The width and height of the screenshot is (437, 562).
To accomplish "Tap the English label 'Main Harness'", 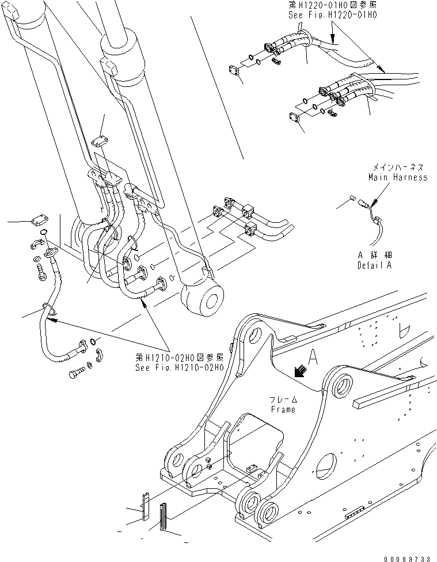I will [398, 177].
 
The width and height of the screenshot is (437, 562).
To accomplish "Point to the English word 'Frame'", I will [282, 409].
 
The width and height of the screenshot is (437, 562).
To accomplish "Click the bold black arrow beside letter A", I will [299, 373].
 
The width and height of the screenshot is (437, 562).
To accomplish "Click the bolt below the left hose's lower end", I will [77, 373].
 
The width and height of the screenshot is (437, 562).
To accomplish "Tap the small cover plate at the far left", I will [37, 218].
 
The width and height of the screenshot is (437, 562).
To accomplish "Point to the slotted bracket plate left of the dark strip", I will [146, 504].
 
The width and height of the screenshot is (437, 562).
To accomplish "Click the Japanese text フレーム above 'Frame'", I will [283, 400].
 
